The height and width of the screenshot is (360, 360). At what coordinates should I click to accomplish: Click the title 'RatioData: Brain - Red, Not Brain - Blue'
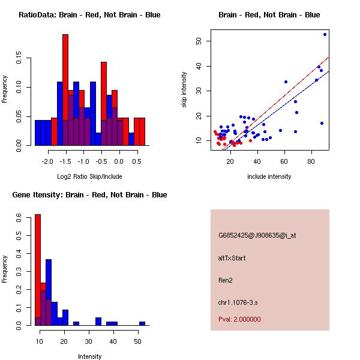[x=89, y=15]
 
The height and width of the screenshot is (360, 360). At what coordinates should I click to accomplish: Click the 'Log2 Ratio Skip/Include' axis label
[x=89, y=176]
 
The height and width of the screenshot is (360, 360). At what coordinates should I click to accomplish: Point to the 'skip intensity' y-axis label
[x=184, y=90]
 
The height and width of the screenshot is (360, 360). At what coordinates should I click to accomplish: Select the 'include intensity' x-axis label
[x=269, y=176]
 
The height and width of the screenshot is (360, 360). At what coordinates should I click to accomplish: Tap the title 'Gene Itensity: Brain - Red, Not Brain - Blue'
[x=89, y=195]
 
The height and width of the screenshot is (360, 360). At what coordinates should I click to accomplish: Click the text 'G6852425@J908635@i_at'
[x=257, y=235]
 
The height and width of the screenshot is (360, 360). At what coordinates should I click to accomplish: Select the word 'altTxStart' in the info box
[x=232, y=258]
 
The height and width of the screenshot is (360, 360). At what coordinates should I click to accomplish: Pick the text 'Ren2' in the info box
[x=225, y=280]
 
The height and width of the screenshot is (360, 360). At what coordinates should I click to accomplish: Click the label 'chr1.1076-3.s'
[x=238, y=302]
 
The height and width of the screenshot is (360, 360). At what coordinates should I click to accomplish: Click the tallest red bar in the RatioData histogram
[x=65, y=90]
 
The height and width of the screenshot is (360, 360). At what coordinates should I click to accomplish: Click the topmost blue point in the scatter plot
[x=325, y=35]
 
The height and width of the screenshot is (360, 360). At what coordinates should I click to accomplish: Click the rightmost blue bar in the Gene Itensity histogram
[x=142, y=323]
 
